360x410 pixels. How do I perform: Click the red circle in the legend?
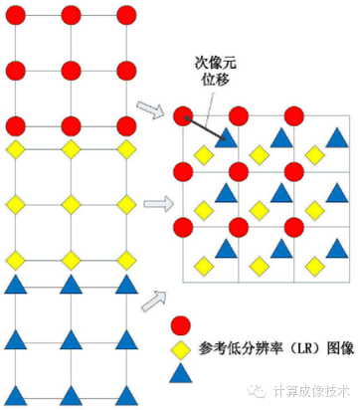click(x=181, y=324)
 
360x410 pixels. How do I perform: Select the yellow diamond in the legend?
click(x=181, y=349)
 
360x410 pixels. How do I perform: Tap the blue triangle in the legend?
click(x=181, y=373)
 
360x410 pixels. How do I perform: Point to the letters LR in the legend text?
click(x=294, y=349)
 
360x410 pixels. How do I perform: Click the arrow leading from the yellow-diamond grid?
click(x=156, y=205)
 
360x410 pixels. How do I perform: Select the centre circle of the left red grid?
click(x=70, y=71)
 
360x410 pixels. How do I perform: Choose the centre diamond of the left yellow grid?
click(x=70, y=205)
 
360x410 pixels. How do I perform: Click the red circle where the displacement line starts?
click(x=182, y=115)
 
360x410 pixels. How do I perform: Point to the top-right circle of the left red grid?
click(x=125, y=15)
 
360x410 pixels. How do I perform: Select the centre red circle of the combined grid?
click(x=239, y=171)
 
